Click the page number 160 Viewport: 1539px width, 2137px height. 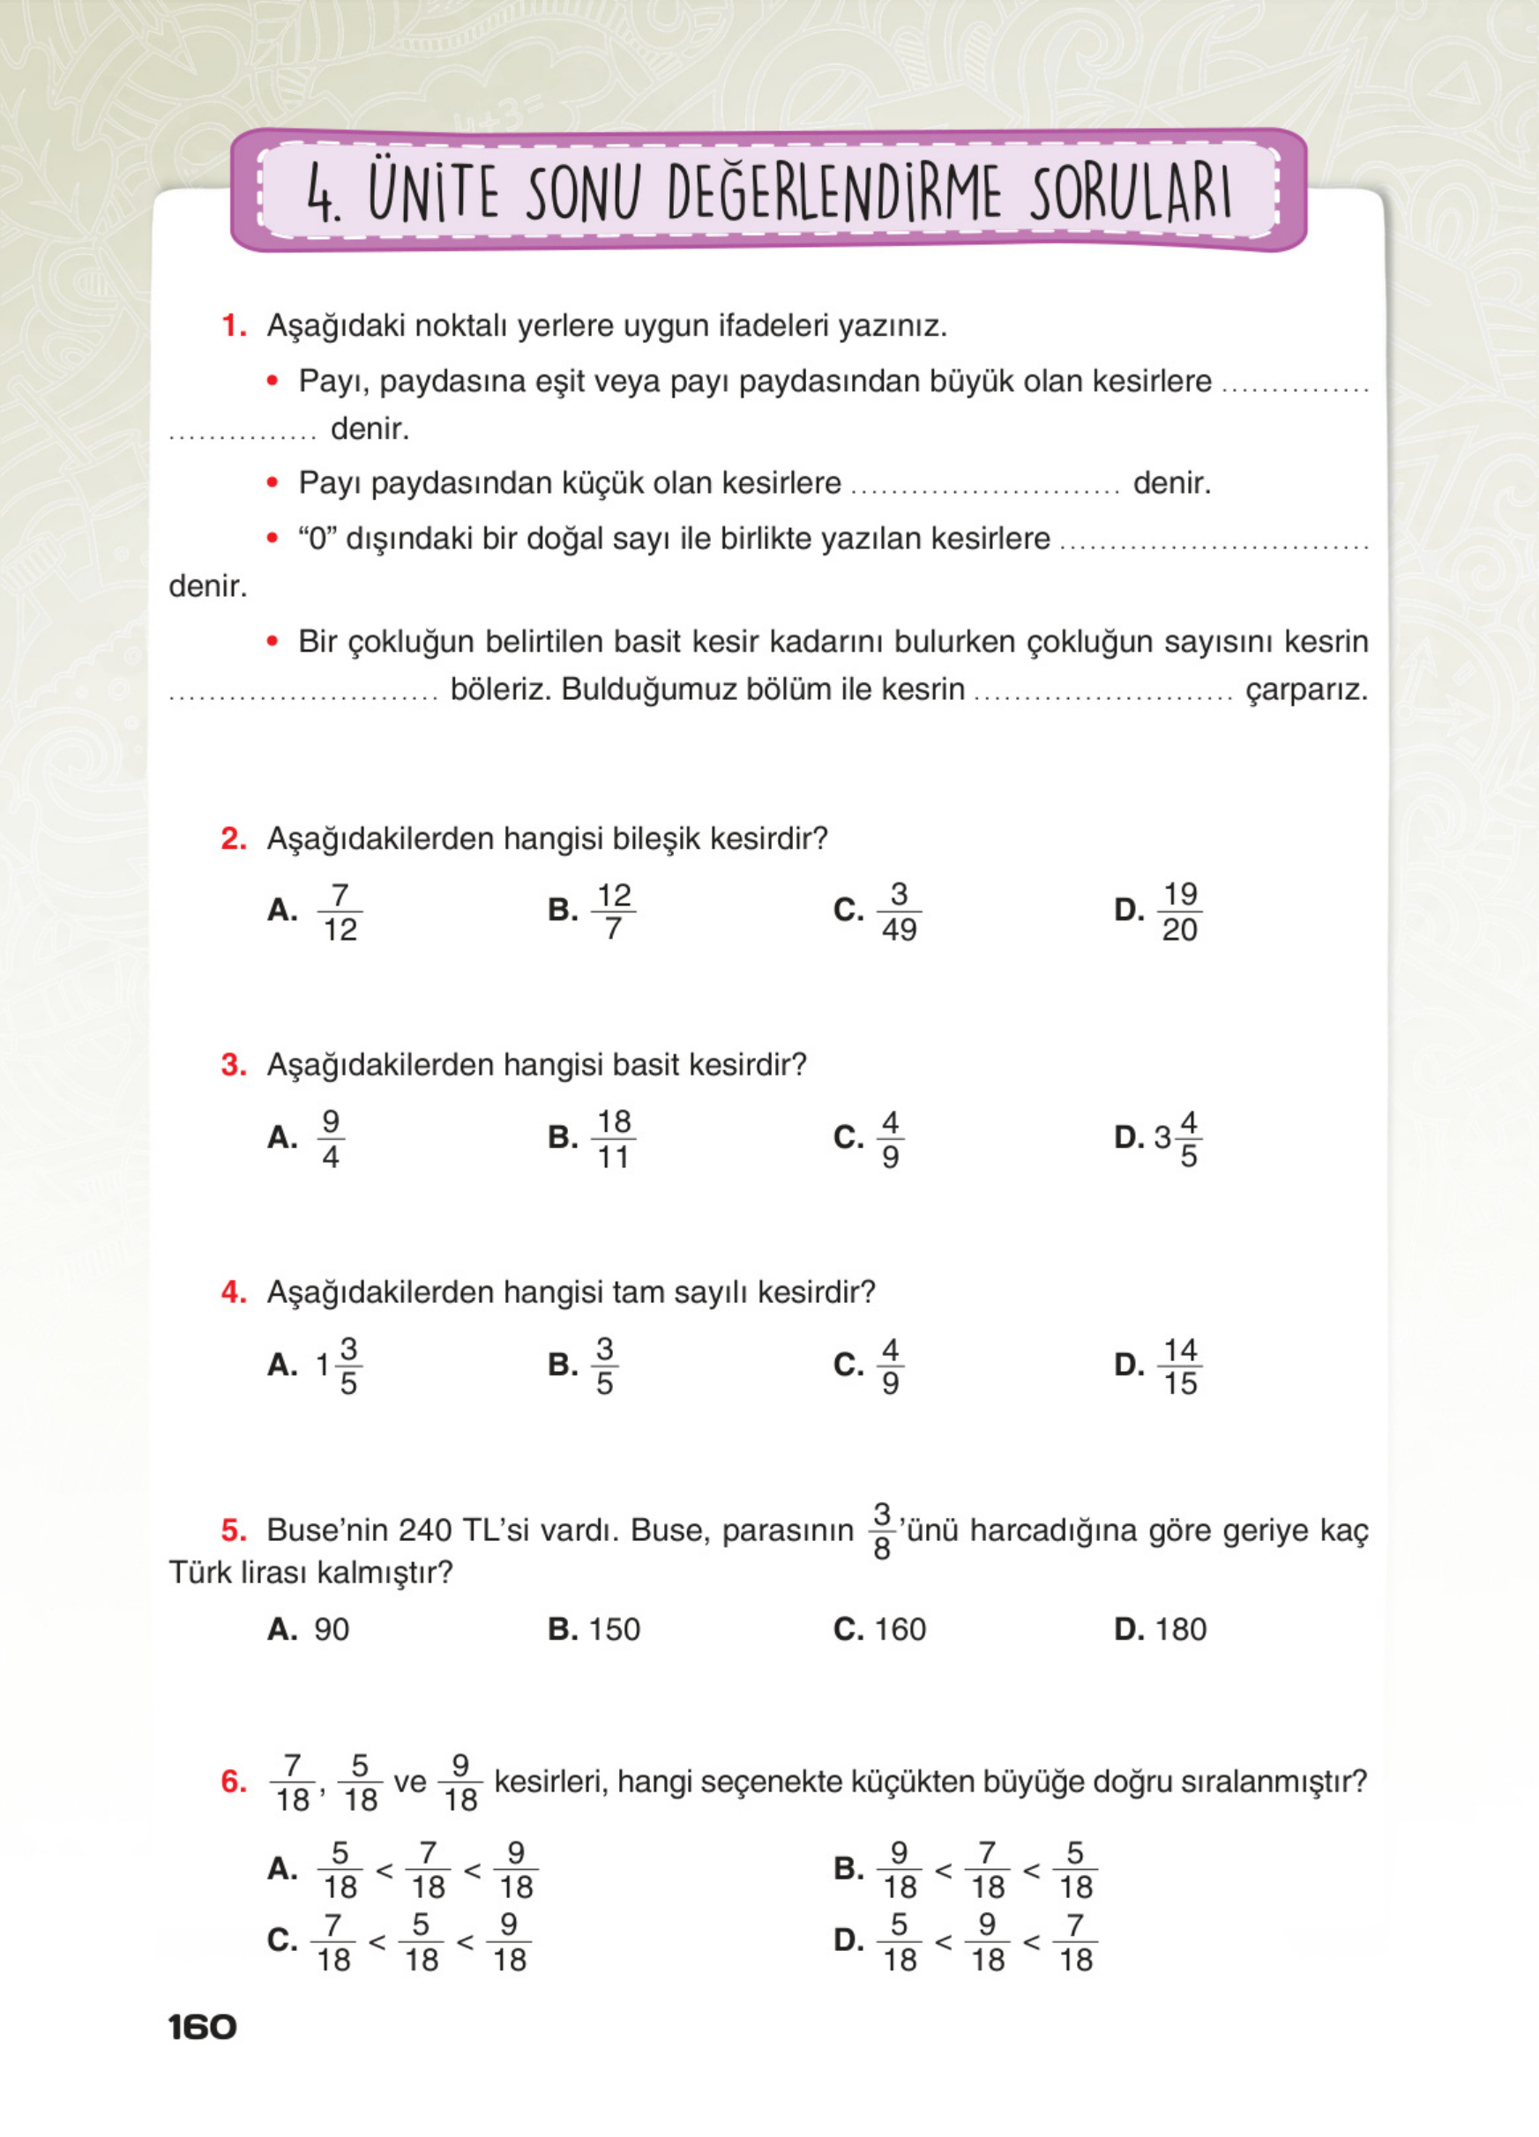tap(202, 2027)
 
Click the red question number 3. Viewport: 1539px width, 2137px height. tap(233, 1065)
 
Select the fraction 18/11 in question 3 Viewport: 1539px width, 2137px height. tap(614, 1138)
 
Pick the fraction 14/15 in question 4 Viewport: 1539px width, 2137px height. tap(1179, 1366)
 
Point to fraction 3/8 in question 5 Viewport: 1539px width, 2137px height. tap(881, 1531)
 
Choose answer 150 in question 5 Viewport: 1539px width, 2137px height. tap(614, 1629)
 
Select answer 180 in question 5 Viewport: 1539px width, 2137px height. tap(1179, 1629)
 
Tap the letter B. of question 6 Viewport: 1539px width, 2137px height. tap(849, 1868)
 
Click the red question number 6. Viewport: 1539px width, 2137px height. tap(233, 1782)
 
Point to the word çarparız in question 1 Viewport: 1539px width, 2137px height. tap(1305, 689)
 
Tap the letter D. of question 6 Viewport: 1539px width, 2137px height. tap(849, 1940)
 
